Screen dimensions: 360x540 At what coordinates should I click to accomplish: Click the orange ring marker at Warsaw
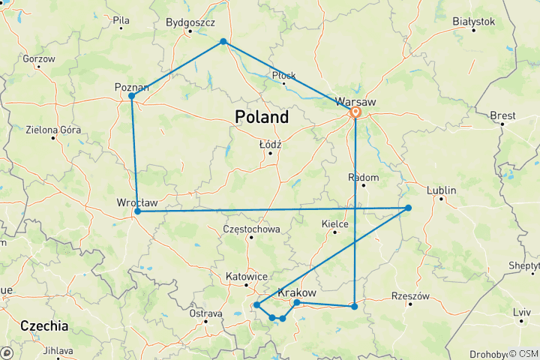point(355,113)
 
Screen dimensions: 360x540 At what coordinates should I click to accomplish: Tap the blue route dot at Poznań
point(131,96)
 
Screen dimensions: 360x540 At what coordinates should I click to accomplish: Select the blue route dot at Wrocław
point(137,211)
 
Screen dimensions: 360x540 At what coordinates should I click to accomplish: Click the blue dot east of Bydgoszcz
point(223,41)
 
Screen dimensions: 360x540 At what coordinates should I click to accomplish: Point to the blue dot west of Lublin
point(408,208)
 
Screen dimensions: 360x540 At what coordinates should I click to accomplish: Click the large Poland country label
point(261,118)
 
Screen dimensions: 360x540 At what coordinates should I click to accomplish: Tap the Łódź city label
point(269,144)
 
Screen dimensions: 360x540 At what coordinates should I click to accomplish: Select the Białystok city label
point(473,22)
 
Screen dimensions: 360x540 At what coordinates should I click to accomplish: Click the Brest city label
point(502,115)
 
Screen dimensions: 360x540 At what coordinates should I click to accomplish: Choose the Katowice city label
point(247,276)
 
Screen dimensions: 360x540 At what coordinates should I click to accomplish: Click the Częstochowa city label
point(252,229)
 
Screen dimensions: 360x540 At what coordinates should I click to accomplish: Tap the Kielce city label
point(334,223)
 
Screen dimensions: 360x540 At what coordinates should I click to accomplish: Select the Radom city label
point(363,177)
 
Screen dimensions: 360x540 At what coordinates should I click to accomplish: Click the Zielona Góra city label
point(53,130)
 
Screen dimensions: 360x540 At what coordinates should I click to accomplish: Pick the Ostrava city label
point(205,313)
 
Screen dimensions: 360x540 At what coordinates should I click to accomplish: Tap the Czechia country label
point(44,326)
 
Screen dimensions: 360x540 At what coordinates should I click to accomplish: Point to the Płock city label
point(283,75)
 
